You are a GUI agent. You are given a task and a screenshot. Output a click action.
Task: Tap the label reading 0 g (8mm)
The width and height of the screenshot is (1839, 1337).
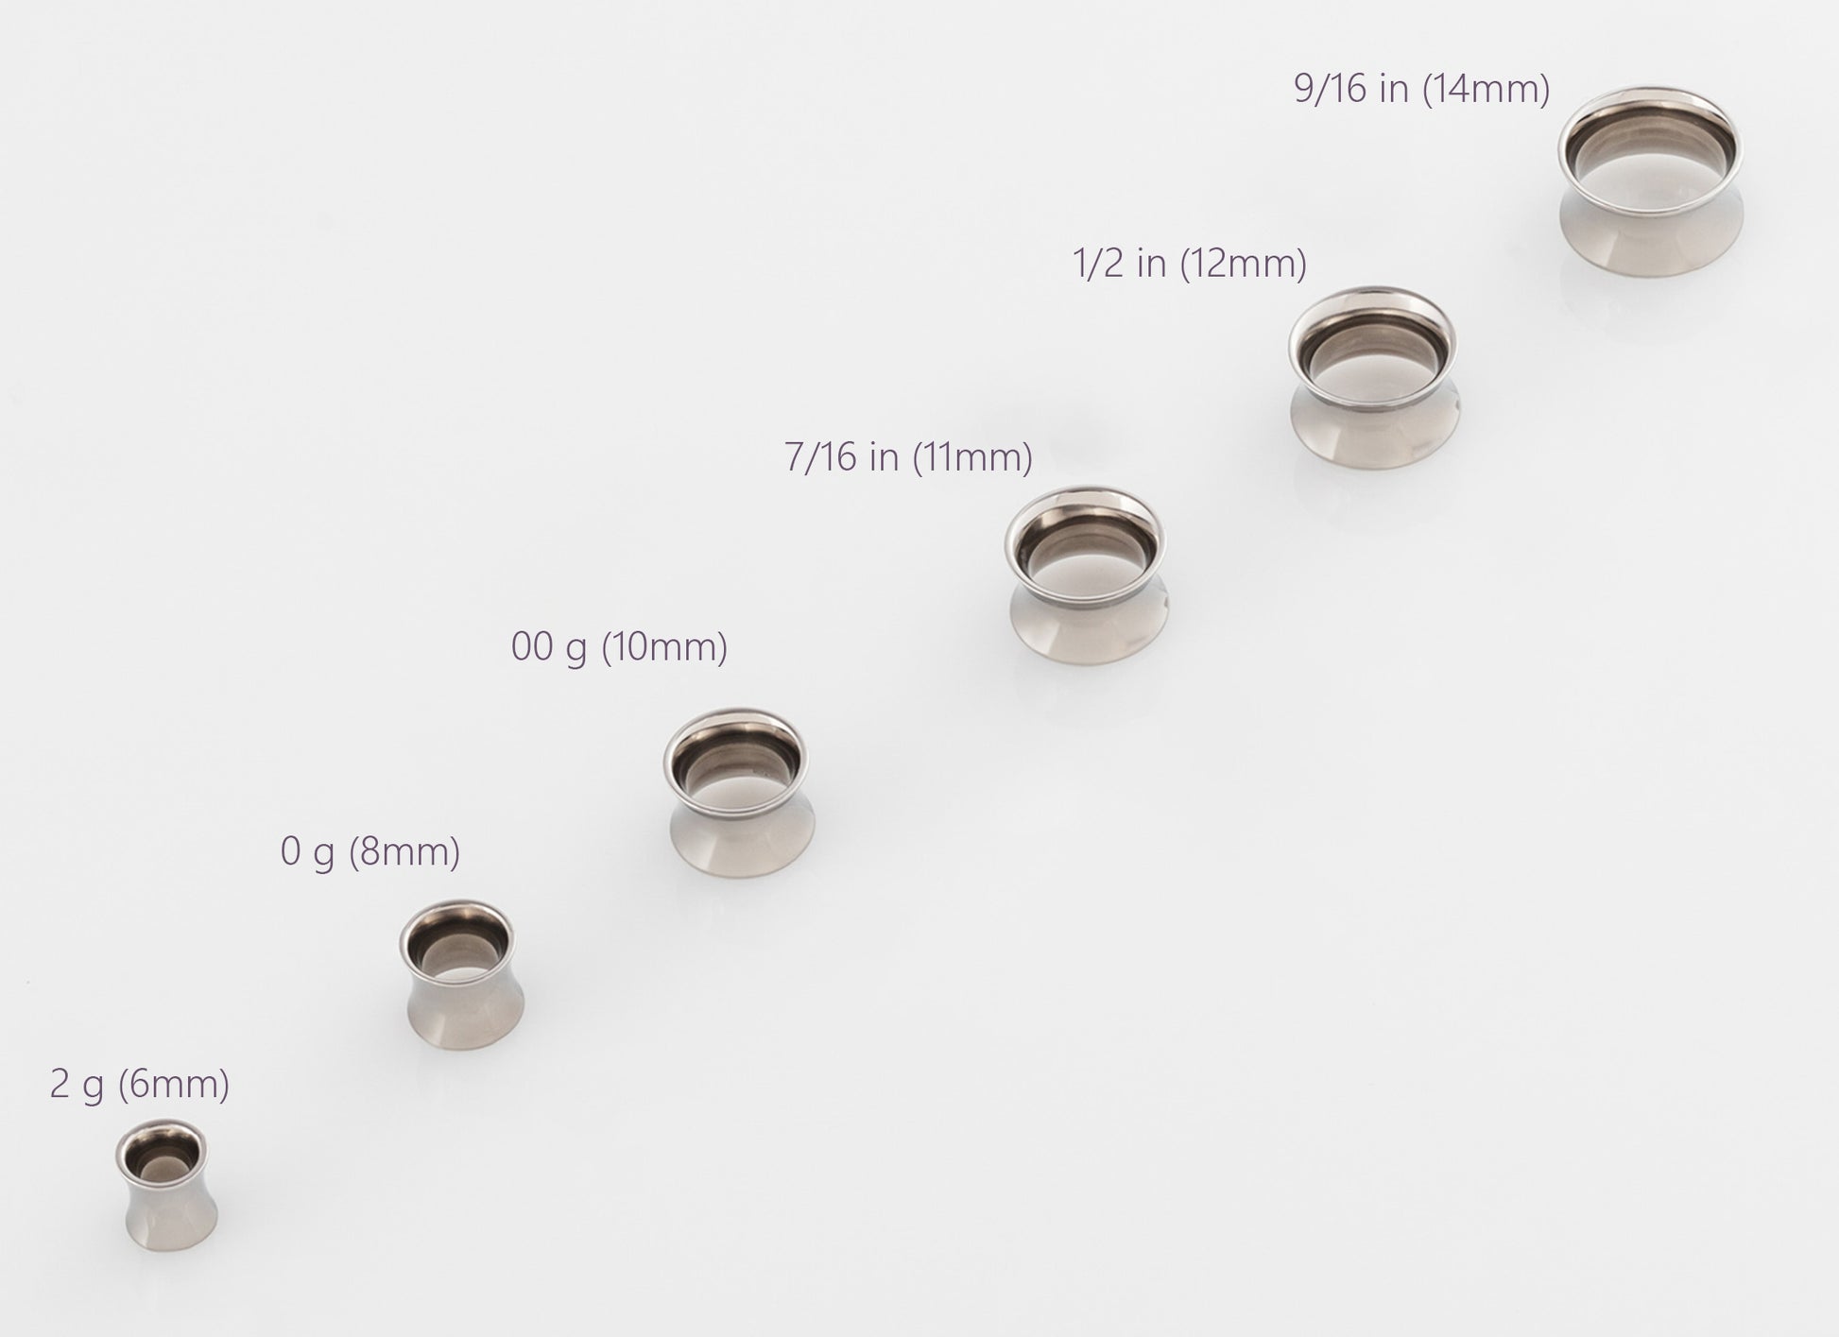[370, 853]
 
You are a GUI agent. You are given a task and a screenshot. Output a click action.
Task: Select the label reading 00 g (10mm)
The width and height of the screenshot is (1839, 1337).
[620, 648]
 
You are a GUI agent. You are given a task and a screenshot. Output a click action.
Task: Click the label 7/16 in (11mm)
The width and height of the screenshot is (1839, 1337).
[908, 457]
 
